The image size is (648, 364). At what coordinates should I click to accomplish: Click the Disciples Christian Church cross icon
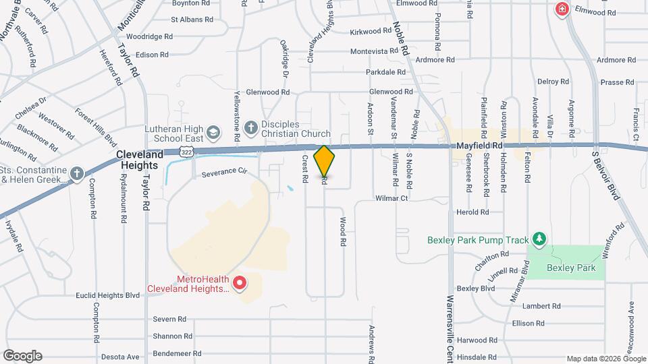click(250, 127)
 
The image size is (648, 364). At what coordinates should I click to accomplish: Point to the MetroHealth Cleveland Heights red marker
click(238, 282)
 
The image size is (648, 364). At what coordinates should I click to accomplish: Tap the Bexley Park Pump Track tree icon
click(539, 239)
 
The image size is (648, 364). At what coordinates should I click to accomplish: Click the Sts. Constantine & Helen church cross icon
click(77, 173)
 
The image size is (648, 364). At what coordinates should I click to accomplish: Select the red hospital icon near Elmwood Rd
click(561, 9)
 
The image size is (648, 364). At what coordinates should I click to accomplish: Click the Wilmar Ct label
click(392, 199)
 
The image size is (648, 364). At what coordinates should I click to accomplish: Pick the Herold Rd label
click(473, 212)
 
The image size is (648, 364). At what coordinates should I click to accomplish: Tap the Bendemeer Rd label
click(177, 353)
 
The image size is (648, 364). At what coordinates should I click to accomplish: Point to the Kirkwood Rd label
click(371, 31)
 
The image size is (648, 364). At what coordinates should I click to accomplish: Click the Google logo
click(22, 355)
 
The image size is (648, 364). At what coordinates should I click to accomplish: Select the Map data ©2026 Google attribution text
click(605, 359)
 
